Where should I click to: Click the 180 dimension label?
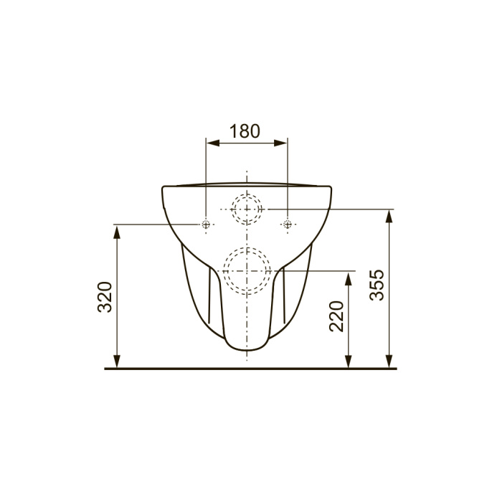pos(245,131)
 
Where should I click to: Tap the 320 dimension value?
pos(105,297)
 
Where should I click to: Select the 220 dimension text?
pos(336,316)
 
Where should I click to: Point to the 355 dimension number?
pos(377,285)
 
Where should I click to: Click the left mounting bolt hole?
pos(206,224)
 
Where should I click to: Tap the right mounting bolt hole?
pos(288,224)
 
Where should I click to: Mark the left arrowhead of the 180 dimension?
pos(212,143)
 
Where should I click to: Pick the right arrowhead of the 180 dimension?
pos(280,143)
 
